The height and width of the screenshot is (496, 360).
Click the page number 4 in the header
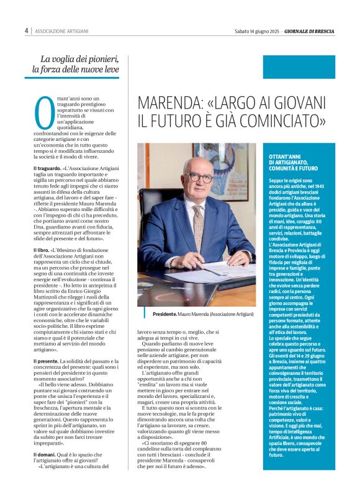(27, 30)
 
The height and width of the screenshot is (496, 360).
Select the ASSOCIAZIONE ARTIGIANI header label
(61, 30)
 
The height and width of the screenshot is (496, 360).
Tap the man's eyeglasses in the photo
(199, 177)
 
